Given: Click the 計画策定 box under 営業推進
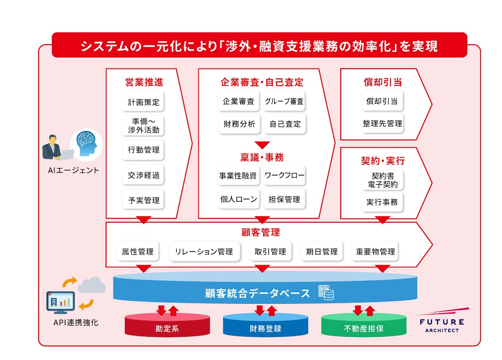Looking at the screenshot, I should click(143, 102).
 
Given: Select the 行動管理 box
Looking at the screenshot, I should click(143, 150).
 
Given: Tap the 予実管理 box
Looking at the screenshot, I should click(143, 200).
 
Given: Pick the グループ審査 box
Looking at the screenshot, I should click(284, 102).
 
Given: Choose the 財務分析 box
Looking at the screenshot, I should click(239, 124).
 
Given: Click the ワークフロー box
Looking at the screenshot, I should click(284, 175).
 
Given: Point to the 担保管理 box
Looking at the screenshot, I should click(284, 199).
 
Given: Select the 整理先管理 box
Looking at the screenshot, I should click(382, 124).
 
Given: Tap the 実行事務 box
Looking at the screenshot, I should click(382, 202).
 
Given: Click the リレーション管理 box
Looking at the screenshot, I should click(204, 252).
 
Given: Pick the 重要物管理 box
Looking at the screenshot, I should click(375, 252).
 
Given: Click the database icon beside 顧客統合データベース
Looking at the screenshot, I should click(326, 293).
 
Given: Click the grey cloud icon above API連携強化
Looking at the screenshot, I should click(92, 285).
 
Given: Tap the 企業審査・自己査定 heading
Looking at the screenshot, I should click(262, 82).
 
